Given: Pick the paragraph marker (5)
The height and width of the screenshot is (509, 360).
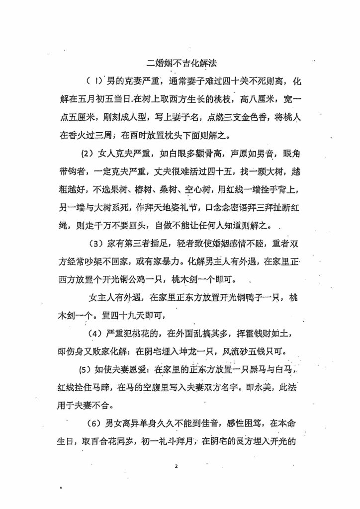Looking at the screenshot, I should coord(87,370).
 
